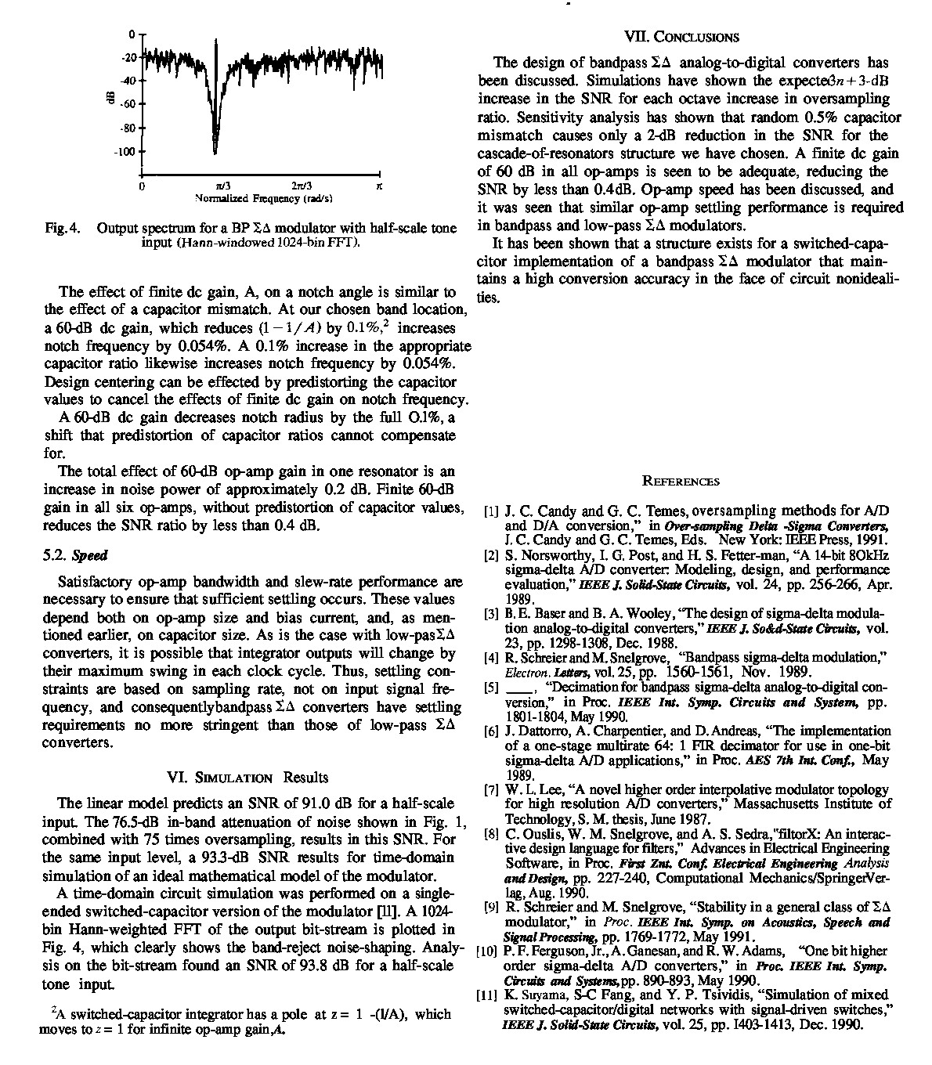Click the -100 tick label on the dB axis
pyautogui.click(x=126, y=151)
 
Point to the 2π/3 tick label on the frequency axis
pyautogui.click(x=302, y=186)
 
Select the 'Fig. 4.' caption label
pyautogui.click(x=59, y=229)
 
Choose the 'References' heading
pyautogui.click(x=680, y=481)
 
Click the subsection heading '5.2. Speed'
pyautogui.click(x=74, y=555)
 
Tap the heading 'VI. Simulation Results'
pyautogui.click(x=248, y=777)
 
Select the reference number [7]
pyautogui.click(x=492, y=789)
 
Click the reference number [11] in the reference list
pyautogui.click(x=489, y=996)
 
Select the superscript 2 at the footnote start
pyautogui.click(x=52, y=1009)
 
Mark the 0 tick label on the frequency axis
pyautogui.click(x=142, y=186)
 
